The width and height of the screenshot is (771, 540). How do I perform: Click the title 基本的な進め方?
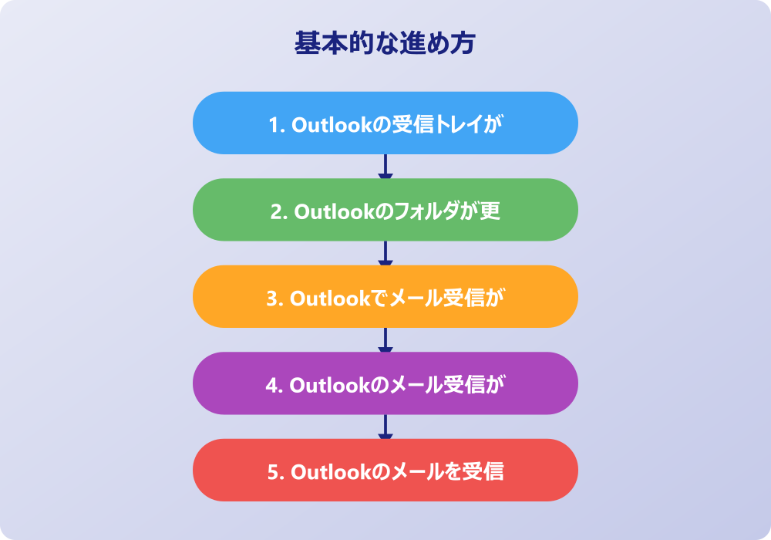(x=385, y=42)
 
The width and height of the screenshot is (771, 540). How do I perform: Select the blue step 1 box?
(x=385, y=123)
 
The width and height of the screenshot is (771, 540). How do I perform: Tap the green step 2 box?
(x=385, y=210)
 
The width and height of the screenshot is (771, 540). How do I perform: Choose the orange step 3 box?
(x=385, y=296)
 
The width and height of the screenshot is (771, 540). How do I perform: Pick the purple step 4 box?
(x=385, y=383)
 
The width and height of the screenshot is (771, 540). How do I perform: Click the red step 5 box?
(x=385, y=470)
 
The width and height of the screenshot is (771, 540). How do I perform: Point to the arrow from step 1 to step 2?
(x=385, y=166)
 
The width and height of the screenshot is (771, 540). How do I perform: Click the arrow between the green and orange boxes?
(x=385, y=253)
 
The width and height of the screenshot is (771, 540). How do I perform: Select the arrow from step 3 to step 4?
(x=385, y=340)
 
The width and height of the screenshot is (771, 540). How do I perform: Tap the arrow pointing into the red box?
(x=385, y=427)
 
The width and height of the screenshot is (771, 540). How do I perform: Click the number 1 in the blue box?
(x=274, y=125)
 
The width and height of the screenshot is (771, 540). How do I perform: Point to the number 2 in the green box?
(x=276, y=212)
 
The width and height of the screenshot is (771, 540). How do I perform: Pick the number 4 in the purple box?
(x=271, y=386)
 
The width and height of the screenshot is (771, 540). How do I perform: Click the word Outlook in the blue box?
(x=332, y=125)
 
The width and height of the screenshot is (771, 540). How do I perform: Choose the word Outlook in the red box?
(x=332, y=472)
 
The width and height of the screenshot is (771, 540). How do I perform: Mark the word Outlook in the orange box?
(x=331, y=299)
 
